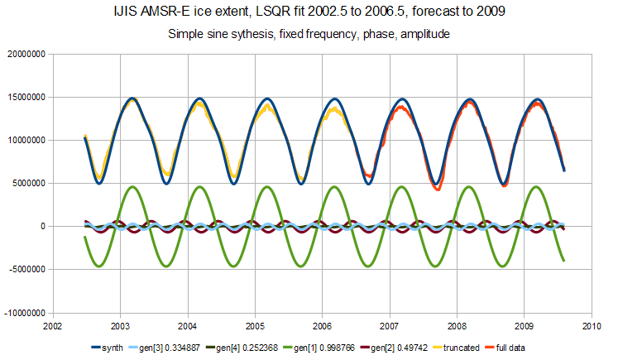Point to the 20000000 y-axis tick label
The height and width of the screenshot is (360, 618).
(24, 55)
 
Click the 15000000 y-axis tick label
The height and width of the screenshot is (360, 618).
(24, 98)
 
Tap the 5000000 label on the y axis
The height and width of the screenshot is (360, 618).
(26, 184)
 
